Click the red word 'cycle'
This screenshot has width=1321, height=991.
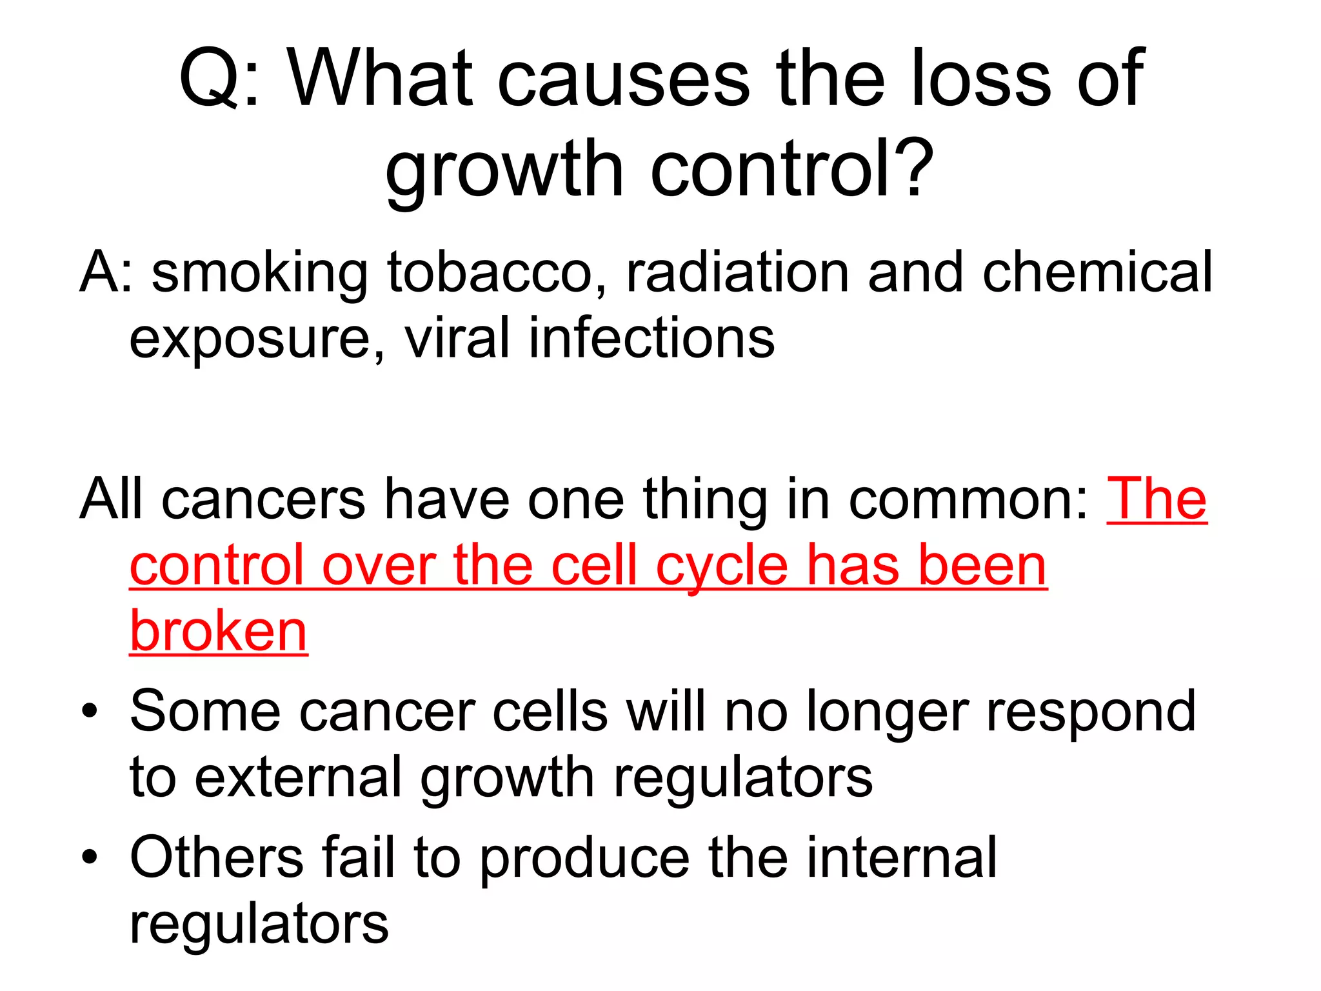tap(722, 566)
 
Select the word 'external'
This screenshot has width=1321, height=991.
tap(298, 777)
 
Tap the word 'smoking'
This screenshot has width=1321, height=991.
tap(260, 274)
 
